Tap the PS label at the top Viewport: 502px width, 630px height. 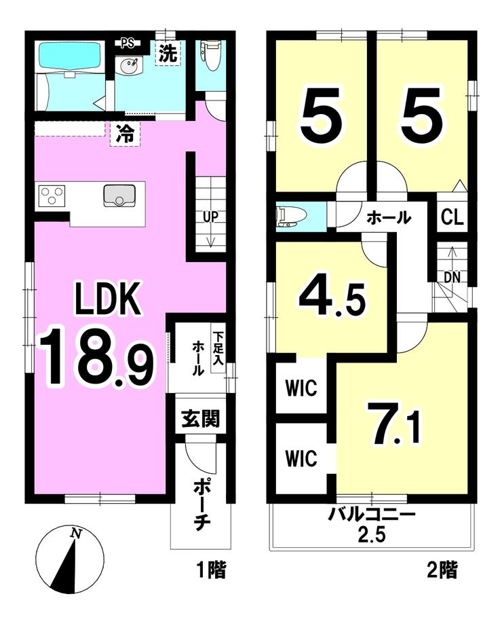click(129, 43)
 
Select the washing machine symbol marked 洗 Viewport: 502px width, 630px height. click(168, 53)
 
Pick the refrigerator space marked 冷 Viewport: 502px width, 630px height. click(125, 133)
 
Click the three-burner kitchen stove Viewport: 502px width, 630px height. click(53, 196)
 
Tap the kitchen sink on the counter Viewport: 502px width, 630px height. click(119, 196)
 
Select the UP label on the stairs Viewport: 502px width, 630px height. click(210, 217)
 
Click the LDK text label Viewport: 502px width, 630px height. click(109, 299)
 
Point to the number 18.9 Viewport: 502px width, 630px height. click(96, 356)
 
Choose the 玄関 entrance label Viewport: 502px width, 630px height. click(200, 419)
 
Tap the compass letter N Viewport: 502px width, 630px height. click(75, 533)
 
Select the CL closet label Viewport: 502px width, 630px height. click(452, 217)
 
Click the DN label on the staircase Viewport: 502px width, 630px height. click(452, 277)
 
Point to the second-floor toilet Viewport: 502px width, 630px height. click(292, 217)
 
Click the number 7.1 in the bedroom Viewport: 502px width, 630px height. click(394, 424)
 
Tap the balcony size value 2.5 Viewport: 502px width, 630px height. click(372, 534)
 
